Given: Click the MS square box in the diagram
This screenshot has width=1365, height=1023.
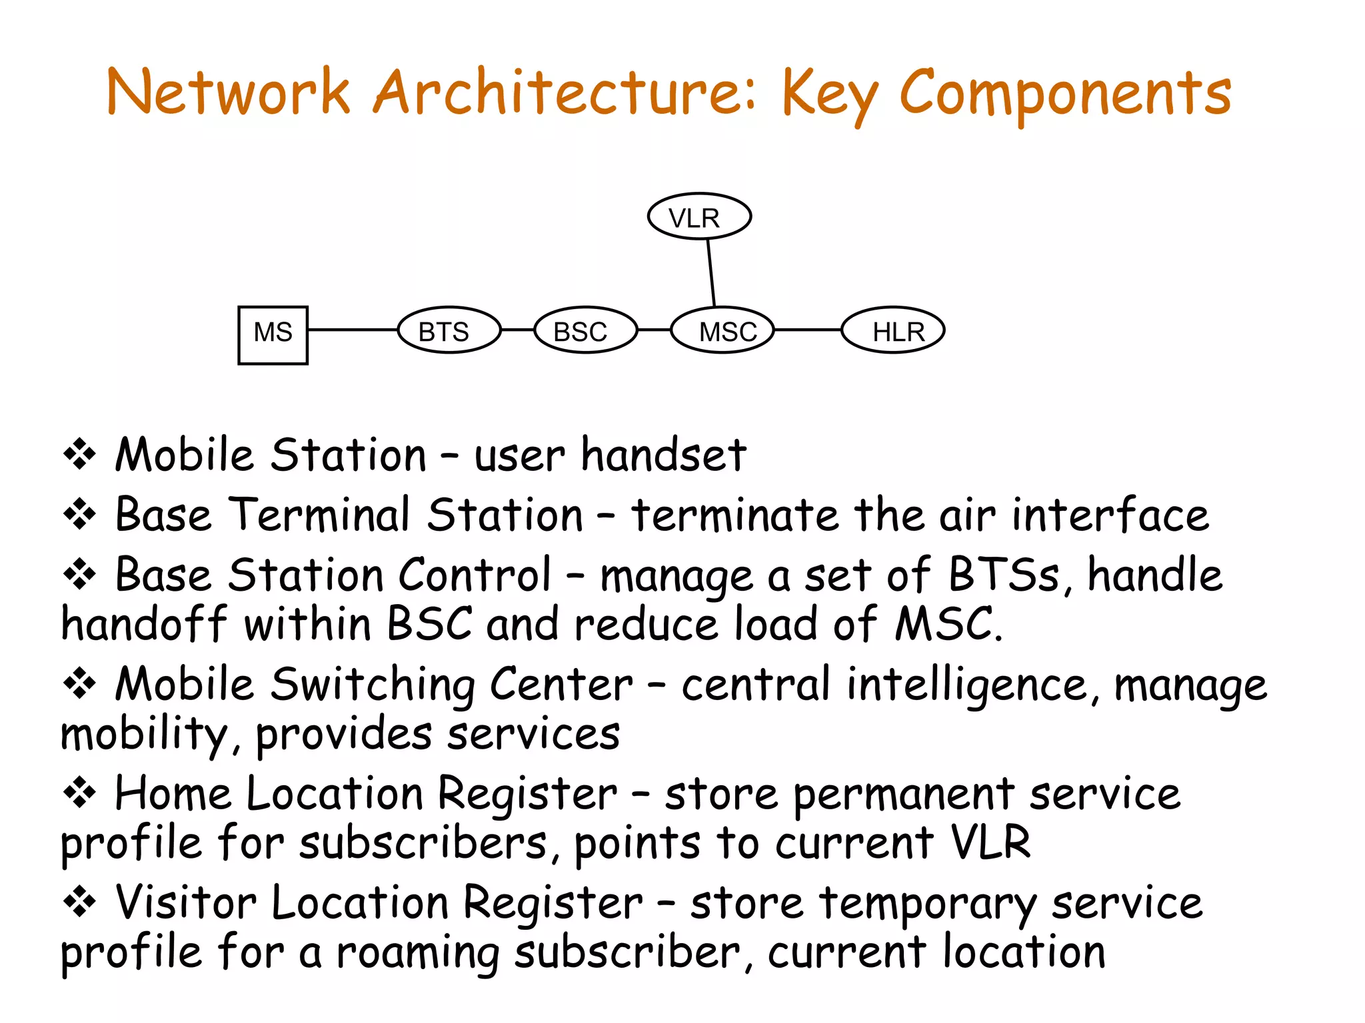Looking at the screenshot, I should pos(273,335).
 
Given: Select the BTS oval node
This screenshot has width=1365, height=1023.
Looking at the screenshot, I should pos(449,330).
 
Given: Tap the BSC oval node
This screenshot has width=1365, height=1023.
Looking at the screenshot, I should pos(585,330).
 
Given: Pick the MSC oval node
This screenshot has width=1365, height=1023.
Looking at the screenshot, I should pos(722,330).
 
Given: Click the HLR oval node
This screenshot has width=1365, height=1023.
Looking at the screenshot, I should pos(893,330).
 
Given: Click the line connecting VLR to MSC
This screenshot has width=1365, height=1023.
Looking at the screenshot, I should pos(711,273).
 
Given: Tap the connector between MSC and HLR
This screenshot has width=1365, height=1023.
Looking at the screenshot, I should pos(807,330).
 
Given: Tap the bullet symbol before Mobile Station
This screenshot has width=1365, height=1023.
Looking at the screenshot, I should pos(80,454).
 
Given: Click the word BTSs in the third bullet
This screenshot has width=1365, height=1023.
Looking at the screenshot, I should pos(1003,575).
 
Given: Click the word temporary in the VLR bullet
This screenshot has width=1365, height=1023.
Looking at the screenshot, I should pos(928,904).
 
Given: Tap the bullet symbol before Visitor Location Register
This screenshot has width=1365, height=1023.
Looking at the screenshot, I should pos(80,903).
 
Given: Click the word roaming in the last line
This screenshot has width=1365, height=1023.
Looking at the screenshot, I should pos(417,954).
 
